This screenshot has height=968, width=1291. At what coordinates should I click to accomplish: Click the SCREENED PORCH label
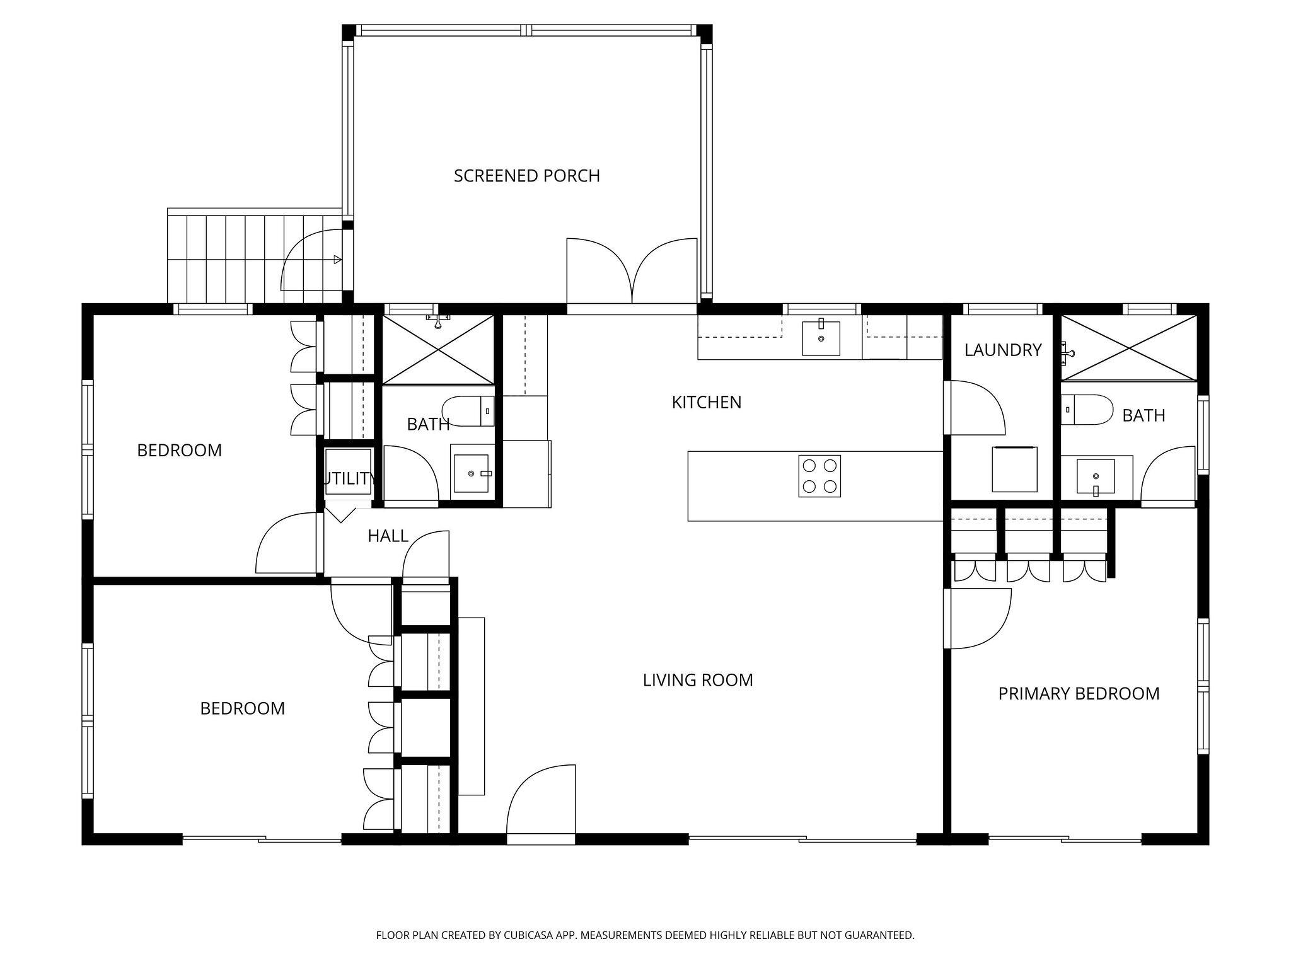click(x=526, y=176)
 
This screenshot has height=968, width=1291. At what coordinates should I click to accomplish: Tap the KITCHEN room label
click(x=706, y=402)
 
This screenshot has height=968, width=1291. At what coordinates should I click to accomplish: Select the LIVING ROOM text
click(x=698, y=680)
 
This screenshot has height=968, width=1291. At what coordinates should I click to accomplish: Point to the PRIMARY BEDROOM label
click(x=1079, y=694)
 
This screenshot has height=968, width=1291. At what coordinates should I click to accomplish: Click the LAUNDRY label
click(x=1002, y=350)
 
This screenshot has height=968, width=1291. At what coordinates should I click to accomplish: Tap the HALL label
click(x=388, y=536)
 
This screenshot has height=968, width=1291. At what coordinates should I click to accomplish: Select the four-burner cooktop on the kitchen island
click(x=819, y=476)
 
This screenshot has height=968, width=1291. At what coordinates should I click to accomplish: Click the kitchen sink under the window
click(x=820, y=338)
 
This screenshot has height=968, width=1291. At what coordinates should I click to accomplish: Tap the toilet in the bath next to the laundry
click(x=1086, y=410)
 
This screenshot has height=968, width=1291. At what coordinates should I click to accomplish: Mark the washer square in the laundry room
click(x=1014, y=469)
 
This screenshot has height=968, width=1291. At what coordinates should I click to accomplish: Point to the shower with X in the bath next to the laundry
click(x=1128, y=348)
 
